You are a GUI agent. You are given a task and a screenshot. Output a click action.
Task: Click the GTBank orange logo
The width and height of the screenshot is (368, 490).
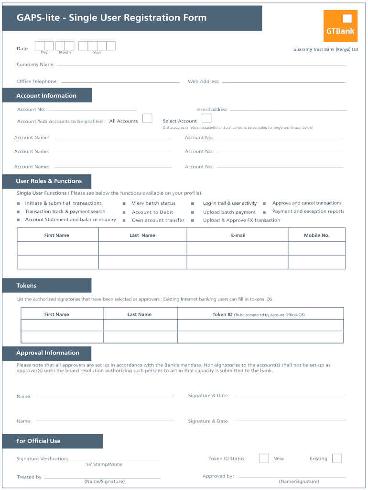click(340, 26)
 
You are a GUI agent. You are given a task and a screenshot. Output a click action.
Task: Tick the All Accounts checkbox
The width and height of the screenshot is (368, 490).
click(148, 118)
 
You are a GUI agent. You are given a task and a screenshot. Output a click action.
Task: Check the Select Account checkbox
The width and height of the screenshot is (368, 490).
click(206, 118)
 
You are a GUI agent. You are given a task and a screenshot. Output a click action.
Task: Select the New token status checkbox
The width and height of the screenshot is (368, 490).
click(264, 458)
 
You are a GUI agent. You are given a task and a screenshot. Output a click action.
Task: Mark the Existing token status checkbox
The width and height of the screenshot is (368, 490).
click(337, 458)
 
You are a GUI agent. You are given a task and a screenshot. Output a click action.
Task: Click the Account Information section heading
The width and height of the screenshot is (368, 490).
click(46, 96)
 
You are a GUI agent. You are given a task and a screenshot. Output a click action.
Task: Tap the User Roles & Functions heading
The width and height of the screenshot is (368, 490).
click(49, 181)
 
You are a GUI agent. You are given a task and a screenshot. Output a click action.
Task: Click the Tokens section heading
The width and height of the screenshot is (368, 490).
click(26, 286)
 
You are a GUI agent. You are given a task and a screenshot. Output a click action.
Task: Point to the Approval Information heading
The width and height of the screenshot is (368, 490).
click(48, 353)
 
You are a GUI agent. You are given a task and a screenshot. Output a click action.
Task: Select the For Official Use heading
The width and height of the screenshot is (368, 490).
click(38, 441)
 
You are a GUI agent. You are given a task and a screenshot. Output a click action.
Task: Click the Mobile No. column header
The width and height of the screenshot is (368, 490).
click(317, 235)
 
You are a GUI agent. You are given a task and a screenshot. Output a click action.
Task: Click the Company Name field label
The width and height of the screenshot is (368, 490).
click(36, 65)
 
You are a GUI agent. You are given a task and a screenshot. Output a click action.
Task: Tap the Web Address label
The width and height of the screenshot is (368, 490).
click(204, 82)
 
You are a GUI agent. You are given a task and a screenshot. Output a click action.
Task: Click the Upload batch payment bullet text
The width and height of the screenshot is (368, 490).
click(229, 212)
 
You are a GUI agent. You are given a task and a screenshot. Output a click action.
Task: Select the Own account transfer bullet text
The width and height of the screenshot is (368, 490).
click(158, 221)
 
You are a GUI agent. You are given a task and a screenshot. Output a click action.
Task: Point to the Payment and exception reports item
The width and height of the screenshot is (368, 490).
click(308, 212)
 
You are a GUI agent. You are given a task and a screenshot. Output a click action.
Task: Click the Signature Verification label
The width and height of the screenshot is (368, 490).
click(42, 459)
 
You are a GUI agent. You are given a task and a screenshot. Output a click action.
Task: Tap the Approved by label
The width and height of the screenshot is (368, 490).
click(218, 476)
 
